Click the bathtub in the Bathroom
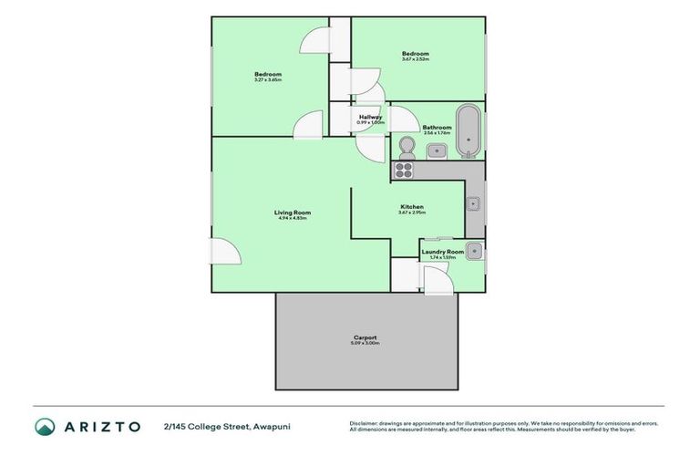point(468,130)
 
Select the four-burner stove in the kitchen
point(404,170)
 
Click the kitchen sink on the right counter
point(474,203)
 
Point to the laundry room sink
point(473,250)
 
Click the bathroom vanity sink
point(437,150)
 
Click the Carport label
point(365,337)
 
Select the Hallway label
point(371,117)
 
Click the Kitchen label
point(412,207)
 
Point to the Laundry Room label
point(442,251)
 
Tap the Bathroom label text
point(437,127)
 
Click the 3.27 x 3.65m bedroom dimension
point(268,80)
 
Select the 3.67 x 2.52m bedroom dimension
point(416,60)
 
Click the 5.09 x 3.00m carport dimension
point(365,344)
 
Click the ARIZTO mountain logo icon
point(46,426)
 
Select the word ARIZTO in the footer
point(101,426)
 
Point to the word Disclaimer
point(365,423)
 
